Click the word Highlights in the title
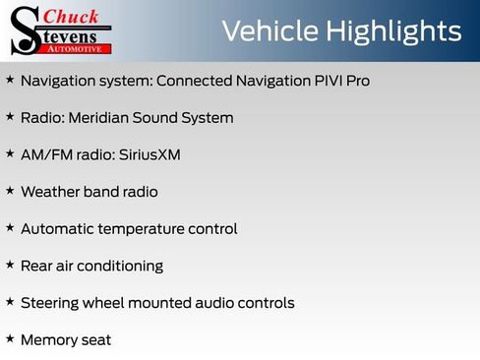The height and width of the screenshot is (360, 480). [390, 31]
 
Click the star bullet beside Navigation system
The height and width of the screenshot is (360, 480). [10, 79]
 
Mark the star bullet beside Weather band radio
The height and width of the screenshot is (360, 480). [10, 190]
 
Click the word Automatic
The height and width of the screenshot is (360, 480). [58, 229]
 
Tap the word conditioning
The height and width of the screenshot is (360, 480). [123, 267]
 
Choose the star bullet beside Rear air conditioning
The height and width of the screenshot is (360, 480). [10, 265]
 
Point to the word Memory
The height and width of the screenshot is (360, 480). [49, 340]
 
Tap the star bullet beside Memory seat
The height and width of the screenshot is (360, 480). [10, 338]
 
